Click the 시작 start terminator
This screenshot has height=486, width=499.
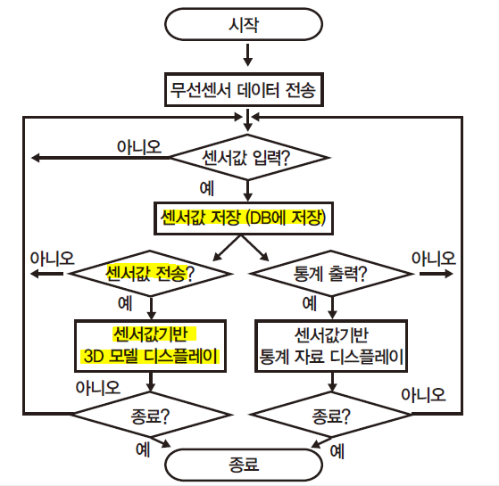244,24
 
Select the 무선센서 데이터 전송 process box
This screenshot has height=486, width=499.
244,90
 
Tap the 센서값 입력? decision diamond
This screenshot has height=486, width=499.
248,157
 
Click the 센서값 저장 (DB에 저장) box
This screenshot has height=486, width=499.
244,218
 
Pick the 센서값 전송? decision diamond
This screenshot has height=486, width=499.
150,274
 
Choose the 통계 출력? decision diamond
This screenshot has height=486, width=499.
331,274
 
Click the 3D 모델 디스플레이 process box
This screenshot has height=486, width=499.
151,346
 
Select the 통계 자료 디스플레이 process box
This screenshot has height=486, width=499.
331,346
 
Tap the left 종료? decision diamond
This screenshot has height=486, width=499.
151,415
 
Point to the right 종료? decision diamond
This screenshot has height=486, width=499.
331,415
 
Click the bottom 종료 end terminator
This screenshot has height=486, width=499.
244,465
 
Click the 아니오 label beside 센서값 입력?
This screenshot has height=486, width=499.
139,147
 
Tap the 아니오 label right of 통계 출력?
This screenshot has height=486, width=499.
434,258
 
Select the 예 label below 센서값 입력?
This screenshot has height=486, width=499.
207,188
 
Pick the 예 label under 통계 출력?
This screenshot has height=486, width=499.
310,303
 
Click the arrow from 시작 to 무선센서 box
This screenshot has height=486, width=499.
247,55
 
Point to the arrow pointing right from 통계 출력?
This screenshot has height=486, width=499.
436,274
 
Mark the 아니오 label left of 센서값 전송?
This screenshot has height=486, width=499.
52,258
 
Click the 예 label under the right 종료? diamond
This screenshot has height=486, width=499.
337,451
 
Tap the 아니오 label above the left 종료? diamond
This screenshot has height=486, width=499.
98,388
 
